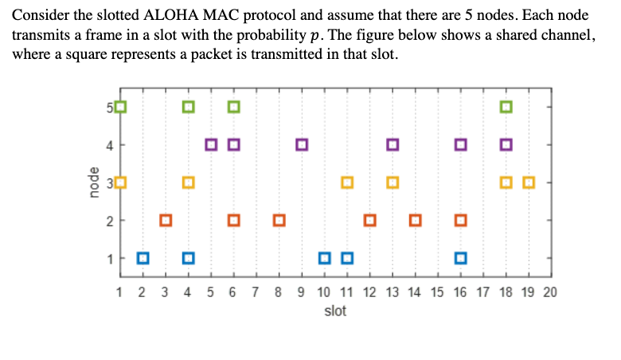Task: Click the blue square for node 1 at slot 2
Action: click(x=143, y=257)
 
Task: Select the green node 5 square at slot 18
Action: click(x=506, y=107)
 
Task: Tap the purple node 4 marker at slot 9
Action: click(x=302, y=145)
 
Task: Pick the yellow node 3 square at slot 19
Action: click(x=529, y=182)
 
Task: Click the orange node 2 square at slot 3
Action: click(x=166, y=220)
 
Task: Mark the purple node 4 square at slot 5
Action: click(x=211, y=145)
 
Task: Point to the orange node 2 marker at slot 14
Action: click(x=415, y=220)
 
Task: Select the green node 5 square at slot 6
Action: click(x=234, y=107)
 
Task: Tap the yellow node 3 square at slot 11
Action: click(x=347, y=182)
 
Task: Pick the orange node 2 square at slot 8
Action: click(x=279, y=220)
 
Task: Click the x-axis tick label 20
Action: click(x=550, y=292)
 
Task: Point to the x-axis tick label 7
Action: click(x=256, y=292)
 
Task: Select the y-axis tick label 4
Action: click(x=110, y=145)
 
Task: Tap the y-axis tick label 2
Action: click(x=110, y=220)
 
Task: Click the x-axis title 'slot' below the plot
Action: click(x=335, y=311)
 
